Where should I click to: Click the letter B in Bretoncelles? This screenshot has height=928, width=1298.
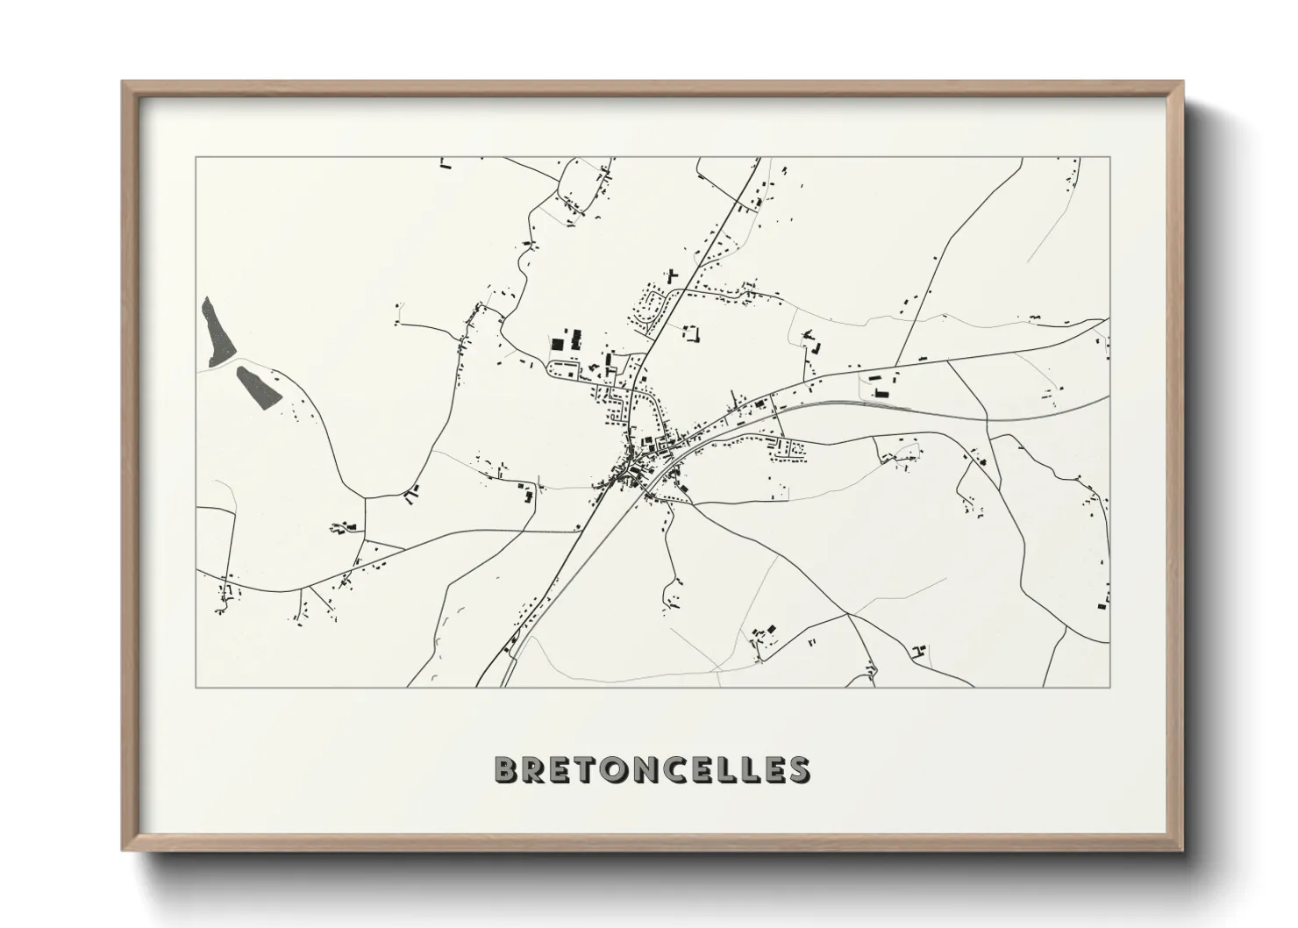(x=510, y=769)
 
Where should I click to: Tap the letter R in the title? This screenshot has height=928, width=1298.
(x=538, y=769)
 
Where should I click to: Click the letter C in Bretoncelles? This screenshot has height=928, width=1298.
(x=682, y=769)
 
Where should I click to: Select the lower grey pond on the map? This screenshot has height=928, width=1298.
(x=259, y=386)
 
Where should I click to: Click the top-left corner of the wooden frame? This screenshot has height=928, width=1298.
(x=123, y=82)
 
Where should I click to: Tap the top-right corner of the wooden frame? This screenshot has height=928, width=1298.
(x=1182, y=82)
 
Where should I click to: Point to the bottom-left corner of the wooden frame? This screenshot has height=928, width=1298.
(x=123, y=849)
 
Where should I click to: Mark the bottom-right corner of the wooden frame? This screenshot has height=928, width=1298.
(x=1182, y=849)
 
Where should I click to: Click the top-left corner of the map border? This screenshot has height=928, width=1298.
(x=196, y=158)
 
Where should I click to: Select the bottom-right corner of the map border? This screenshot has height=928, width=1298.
(x=1109, y=687)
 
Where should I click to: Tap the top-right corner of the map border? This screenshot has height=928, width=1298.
(x=1109, y=158)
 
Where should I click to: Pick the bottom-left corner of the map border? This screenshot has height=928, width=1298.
(x=196, y=687)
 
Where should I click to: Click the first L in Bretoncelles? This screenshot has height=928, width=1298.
(x=738, y=769)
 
